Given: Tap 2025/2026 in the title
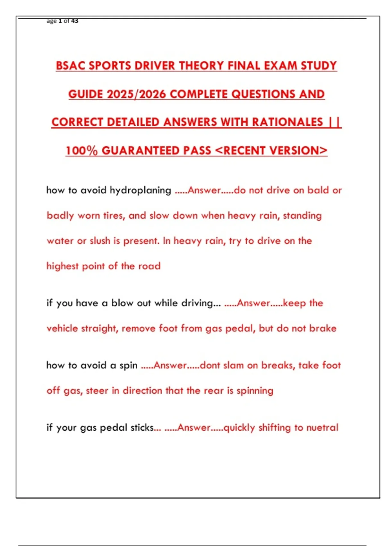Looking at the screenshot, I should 136,94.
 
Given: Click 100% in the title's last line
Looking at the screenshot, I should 81,151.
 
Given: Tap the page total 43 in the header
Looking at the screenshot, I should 74,21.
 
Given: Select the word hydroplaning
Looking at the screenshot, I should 140,190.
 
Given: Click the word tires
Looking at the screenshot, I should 114,216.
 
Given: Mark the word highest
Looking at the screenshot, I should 63,266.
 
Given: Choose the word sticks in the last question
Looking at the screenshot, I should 142,428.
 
